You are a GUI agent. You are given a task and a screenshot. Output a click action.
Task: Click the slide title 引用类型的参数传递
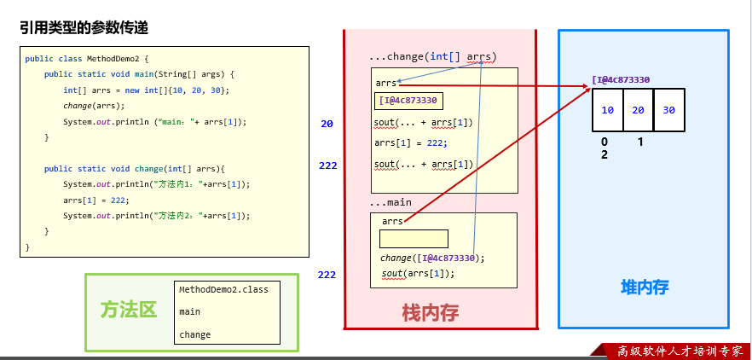(84, 28)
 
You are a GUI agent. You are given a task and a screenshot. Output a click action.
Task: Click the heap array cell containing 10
(607, 110)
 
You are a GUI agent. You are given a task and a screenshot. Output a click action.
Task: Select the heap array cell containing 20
(638, 110)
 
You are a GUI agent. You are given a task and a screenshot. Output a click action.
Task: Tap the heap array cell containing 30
(668, 110)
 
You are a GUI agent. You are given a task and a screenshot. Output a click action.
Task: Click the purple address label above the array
(621, 80)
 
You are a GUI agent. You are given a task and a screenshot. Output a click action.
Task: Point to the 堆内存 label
(644, 287)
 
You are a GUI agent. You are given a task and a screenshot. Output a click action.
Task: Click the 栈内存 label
(431, 313)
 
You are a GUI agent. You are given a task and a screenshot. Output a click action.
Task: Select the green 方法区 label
(129, 310)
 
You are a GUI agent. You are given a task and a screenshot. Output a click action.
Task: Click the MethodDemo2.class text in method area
(223, 290)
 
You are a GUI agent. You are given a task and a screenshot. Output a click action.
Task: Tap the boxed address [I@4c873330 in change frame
(408, 101)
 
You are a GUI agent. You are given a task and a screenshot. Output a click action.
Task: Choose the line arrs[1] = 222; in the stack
(411, 143)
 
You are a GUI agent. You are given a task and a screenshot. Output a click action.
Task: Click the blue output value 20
(327, 124)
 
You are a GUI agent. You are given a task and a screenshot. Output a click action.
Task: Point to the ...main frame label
(390, 203)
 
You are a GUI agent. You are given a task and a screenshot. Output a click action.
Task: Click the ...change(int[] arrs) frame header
(432, 57)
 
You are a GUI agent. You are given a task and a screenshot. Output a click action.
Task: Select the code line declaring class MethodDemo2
(87, 59)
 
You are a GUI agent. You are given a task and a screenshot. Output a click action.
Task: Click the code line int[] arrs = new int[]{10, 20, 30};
(146, 90)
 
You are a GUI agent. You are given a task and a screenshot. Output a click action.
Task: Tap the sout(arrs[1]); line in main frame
(418, 274)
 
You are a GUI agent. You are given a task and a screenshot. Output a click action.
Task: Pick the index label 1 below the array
(639, 142)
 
